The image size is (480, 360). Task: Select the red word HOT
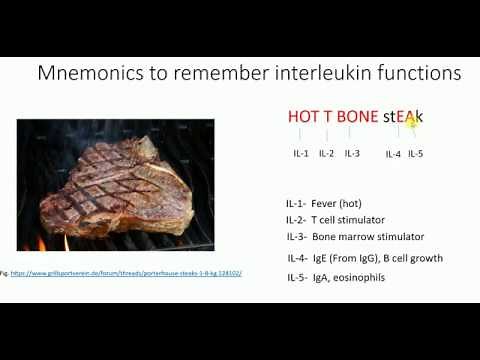[304, 116]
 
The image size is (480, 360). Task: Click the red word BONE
[357, 116]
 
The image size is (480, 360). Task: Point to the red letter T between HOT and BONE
[328, 116]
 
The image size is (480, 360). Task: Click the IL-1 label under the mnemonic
[301, 153]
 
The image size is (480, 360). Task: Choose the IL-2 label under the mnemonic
[326, 153]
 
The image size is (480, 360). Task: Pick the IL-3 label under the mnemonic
[352, 153]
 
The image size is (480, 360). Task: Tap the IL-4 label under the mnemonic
[393, 154]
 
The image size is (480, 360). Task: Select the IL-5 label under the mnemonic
[416, 154]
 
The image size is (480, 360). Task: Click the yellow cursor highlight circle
[409, 121]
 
